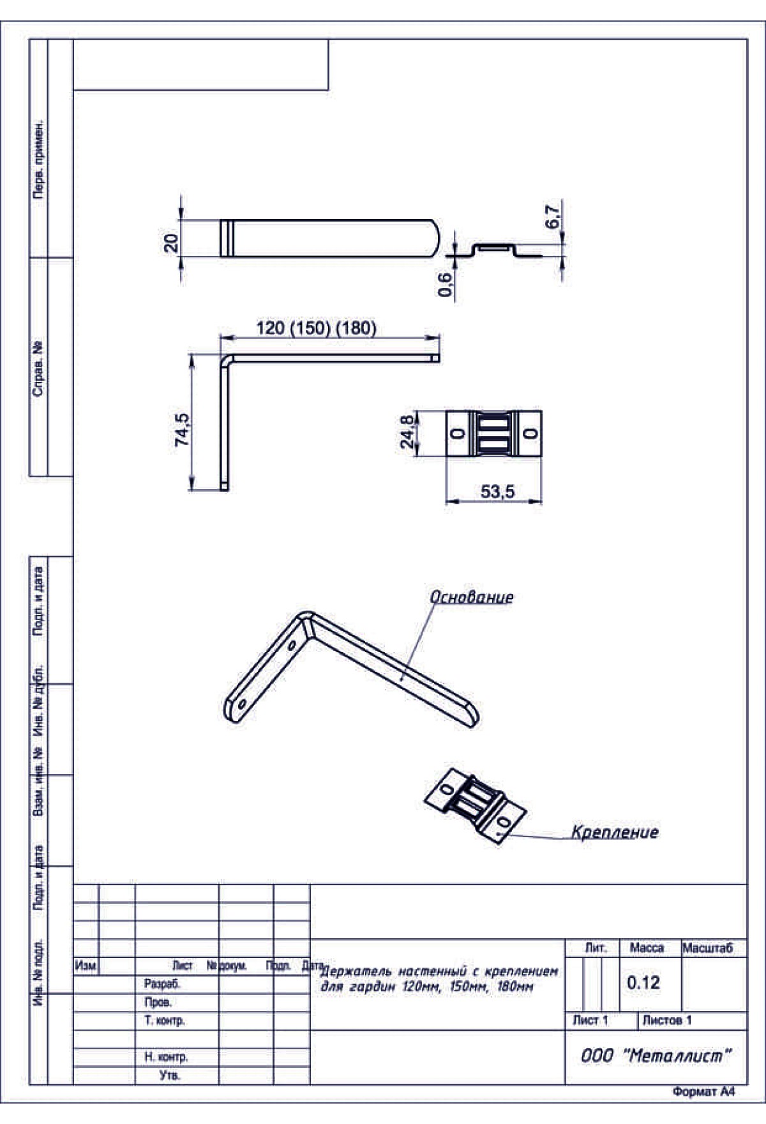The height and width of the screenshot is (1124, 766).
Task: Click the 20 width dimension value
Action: point(172,243)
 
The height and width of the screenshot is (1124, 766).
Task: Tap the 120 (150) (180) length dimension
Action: point(316,328)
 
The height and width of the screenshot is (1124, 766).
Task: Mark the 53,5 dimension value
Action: point(497,492)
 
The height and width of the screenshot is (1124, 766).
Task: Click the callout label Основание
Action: point(471,596)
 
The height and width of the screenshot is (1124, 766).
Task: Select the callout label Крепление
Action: point(615,832)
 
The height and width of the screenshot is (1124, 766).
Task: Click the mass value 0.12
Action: point(643,982)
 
